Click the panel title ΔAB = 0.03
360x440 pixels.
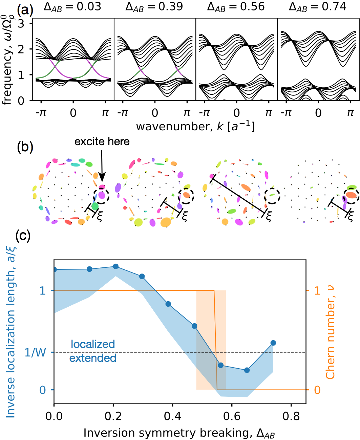click(x=72, y=7)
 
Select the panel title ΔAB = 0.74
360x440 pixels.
click(x=318, y=7)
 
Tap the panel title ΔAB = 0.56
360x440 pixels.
click(x=236, y=7)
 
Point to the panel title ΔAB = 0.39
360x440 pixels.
click(x=154, y=7)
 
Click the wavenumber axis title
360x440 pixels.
click(x=195, y=126)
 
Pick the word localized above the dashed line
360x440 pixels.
click(x=93, y=344)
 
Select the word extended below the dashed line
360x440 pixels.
click(x=93, y=358)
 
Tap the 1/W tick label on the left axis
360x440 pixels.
click(x=36, y=353)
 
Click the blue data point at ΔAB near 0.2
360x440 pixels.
click(x=115, y=266)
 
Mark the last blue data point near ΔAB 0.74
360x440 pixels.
click(x=273, y=343)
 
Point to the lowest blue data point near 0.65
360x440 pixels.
click(x=247, y=370)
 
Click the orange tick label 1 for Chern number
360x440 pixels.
click(x=317, y=290)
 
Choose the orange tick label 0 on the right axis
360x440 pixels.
click(x=317, y=390)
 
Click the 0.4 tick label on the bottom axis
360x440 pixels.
click(x=172, y=416)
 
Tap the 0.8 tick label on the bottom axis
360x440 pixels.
click(x=291, y=416)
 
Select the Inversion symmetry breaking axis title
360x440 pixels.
click(x=179, y=433)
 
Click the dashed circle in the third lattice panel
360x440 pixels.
click(x=272, y=195)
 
